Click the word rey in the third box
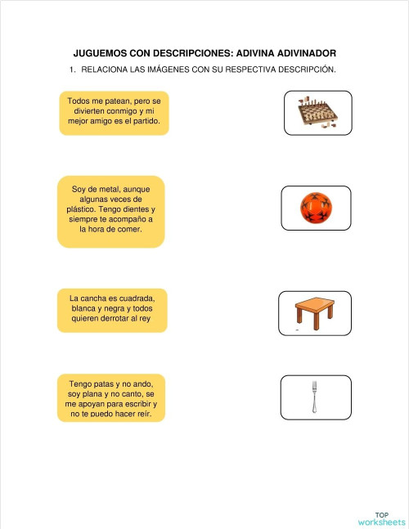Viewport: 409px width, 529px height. click(x=145, y=319)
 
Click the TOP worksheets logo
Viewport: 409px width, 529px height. click(x=381, y=518)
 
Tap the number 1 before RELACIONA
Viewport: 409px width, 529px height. click(x=72, y=69)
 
